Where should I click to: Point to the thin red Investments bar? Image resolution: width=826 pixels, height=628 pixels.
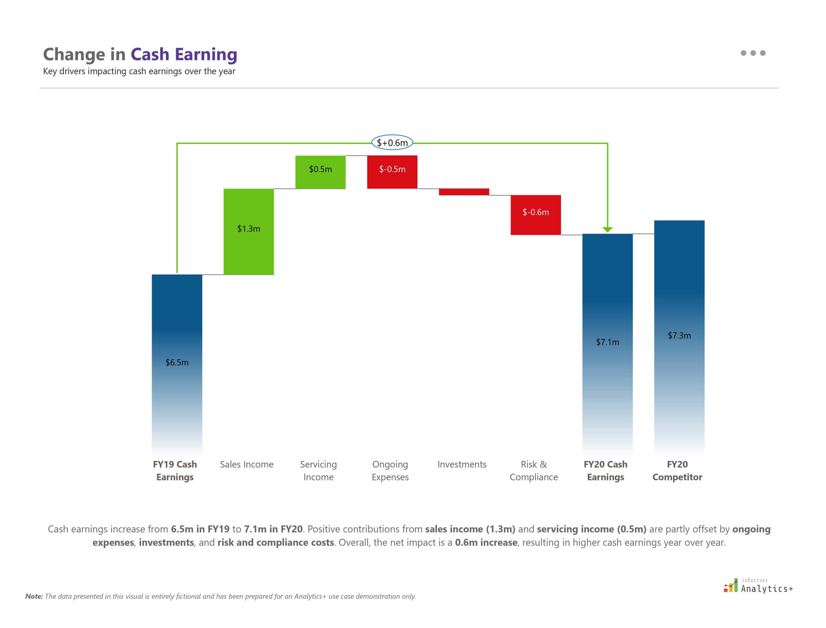point(464,192)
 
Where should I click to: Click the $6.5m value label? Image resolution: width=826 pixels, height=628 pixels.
point(177,362)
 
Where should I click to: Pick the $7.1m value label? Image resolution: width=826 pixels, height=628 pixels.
point(607,342)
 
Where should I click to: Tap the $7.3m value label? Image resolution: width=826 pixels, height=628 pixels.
point(679,335)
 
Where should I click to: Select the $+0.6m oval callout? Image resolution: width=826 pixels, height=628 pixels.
point(392,142)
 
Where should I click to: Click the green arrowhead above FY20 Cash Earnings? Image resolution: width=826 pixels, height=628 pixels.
point(608,229)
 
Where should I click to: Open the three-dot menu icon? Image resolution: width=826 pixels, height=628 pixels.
point(753,53)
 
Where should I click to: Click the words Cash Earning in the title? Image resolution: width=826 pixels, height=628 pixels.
point(184,54)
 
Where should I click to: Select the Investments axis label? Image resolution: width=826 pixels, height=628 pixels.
point(462,464)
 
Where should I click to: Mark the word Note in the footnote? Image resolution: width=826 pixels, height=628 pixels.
point(34,596)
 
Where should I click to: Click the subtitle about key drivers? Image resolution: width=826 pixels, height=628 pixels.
point(139,71)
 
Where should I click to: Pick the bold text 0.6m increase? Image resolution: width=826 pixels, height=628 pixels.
point(486,542)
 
